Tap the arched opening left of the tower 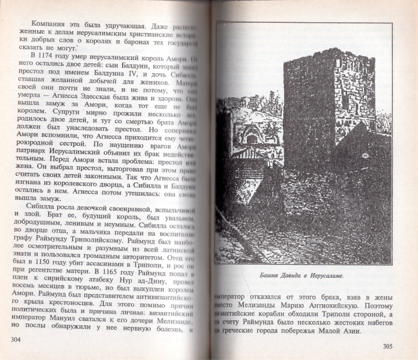pos(252,139)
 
